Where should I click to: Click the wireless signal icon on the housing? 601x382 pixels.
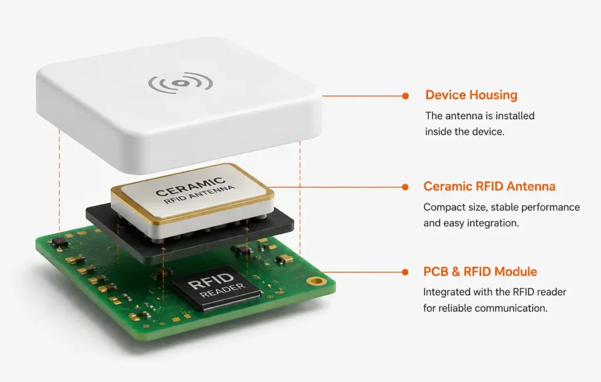181,83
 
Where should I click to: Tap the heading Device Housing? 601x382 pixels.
471,95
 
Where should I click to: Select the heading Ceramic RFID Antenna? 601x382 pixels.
489,186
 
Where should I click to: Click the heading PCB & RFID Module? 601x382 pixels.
480,272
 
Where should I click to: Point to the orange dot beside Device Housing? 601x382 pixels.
406,96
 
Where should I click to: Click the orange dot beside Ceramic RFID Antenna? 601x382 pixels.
405,187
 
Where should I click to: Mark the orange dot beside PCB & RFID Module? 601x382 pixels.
405,272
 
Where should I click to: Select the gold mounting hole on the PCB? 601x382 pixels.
316,282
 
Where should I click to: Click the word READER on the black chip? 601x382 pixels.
222,290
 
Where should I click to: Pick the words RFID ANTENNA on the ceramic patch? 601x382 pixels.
200,194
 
